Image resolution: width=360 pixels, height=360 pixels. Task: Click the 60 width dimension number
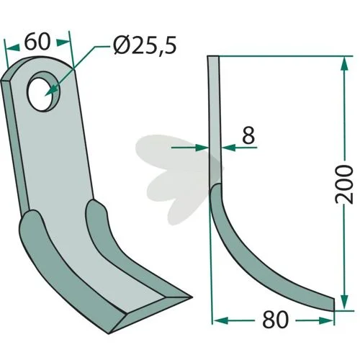pyautogui.click(x=37, y=42)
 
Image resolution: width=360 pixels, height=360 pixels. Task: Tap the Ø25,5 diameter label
pyautogui.click(x=145, y=45)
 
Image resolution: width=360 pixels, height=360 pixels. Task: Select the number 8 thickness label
pyautogui.click(x=248, y=135)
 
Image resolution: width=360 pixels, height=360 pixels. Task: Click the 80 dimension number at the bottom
pyautogui.click(x=275, y=320)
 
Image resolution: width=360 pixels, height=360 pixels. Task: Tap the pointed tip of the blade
pyautogui.click(x=192, y=297)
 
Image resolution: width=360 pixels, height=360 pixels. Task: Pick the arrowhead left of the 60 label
pyautogui.click(x=13, y=48)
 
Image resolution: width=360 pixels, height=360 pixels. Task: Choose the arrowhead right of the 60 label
pyautogui.click(x=63, y=42)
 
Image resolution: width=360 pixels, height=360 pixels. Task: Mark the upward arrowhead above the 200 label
pyautogui.click(x=344, y=63)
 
